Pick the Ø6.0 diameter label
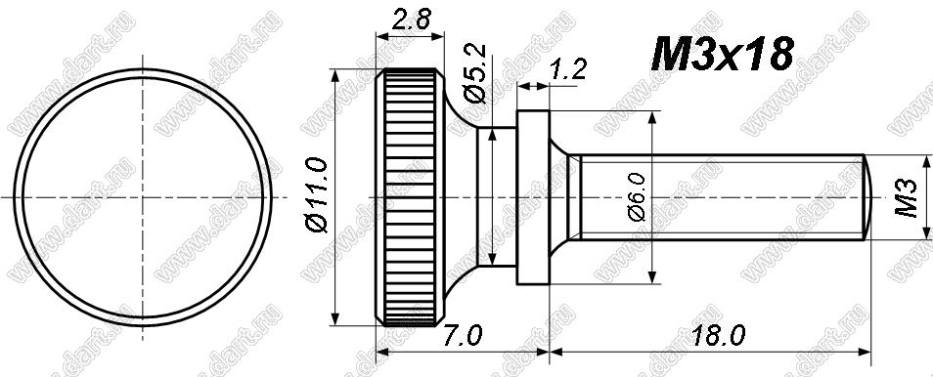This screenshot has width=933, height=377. [636, 197]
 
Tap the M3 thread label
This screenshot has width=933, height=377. [908, 198]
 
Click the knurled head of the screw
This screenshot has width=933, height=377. [410, 197]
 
